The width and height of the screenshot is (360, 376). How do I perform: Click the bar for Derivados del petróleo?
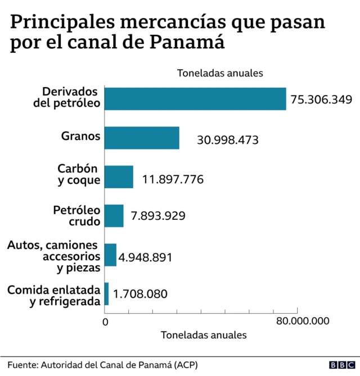[195, 99]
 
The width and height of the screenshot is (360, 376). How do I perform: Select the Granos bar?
[142, 138]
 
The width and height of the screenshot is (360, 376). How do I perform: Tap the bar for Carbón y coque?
[119, 177]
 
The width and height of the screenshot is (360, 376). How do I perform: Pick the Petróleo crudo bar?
[114, 216]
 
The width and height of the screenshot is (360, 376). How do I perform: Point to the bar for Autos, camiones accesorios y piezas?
[110, 255]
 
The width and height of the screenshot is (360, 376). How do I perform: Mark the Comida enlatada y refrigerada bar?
[106, 293]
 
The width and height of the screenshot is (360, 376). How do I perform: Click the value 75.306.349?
[321, 99]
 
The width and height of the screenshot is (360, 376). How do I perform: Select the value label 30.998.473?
[227, 139]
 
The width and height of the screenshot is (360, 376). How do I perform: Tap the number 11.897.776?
[173, 179]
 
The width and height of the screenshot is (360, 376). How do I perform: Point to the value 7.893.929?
[158, 216]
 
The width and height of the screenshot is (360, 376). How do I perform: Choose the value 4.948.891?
[145, 257]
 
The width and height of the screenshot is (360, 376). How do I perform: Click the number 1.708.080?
[140, 293]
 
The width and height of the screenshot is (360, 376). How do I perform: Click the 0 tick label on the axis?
[105, 321]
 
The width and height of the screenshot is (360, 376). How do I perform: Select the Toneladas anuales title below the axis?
[204, 335]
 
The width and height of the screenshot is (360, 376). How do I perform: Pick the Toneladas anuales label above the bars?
[220, 73]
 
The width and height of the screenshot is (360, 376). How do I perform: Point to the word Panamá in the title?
[192, 43]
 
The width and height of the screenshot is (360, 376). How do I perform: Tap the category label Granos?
[81, 136]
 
